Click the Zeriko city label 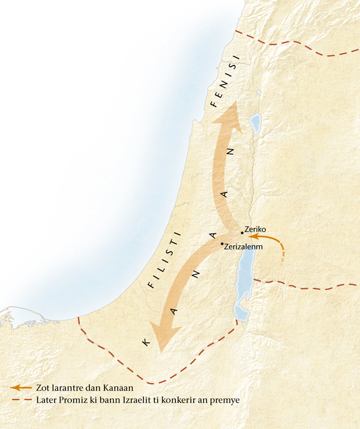coord(255,229)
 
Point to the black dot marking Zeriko coord(242,232)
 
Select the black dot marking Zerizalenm coord(222,244)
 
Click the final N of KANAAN coord(228,152)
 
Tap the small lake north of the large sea coord(256,124)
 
